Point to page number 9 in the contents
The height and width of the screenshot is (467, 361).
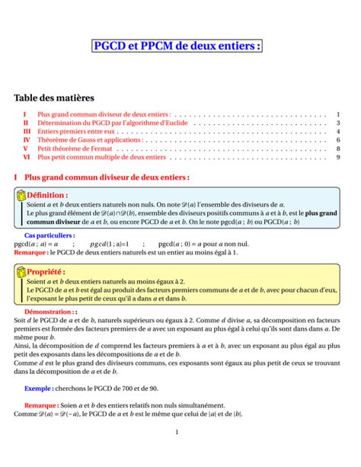[337, 158]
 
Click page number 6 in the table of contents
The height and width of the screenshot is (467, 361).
[337, 140]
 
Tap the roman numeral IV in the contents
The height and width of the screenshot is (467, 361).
[27, 140]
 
